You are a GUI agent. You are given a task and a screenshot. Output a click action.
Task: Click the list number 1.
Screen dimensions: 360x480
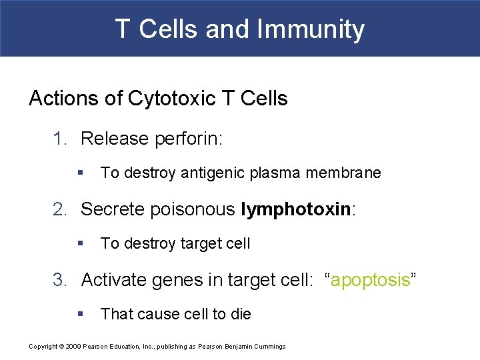(61, 139)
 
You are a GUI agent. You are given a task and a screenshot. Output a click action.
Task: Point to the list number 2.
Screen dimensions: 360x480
(61, 209)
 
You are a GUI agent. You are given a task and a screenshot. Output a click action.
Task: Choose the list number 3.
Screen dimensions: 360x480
(61, 280)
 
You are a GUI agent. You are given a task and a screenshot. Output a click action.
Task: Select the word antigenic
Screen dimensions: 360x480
(211, 173)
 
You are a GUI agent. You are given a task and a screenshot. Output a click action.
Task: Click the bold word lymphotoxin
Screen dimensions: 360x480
(295, 209)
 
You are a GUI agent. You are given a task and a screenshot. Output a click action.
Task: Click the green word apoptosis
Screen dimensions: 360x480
(370, 280)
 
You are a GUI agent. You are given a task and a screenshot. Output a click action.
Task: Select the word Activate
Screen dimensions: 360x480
(114, 280)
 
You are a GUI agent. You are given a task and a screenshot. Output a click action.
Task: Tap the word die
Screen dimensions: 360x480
(241, 314)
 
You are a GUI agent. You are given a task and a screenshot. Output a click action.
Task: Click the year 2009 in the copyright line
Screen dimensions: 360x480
(73, 347)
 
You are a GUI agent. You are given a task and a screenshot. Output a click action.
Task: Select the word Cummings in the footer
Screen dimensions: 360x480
(270, 347)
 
